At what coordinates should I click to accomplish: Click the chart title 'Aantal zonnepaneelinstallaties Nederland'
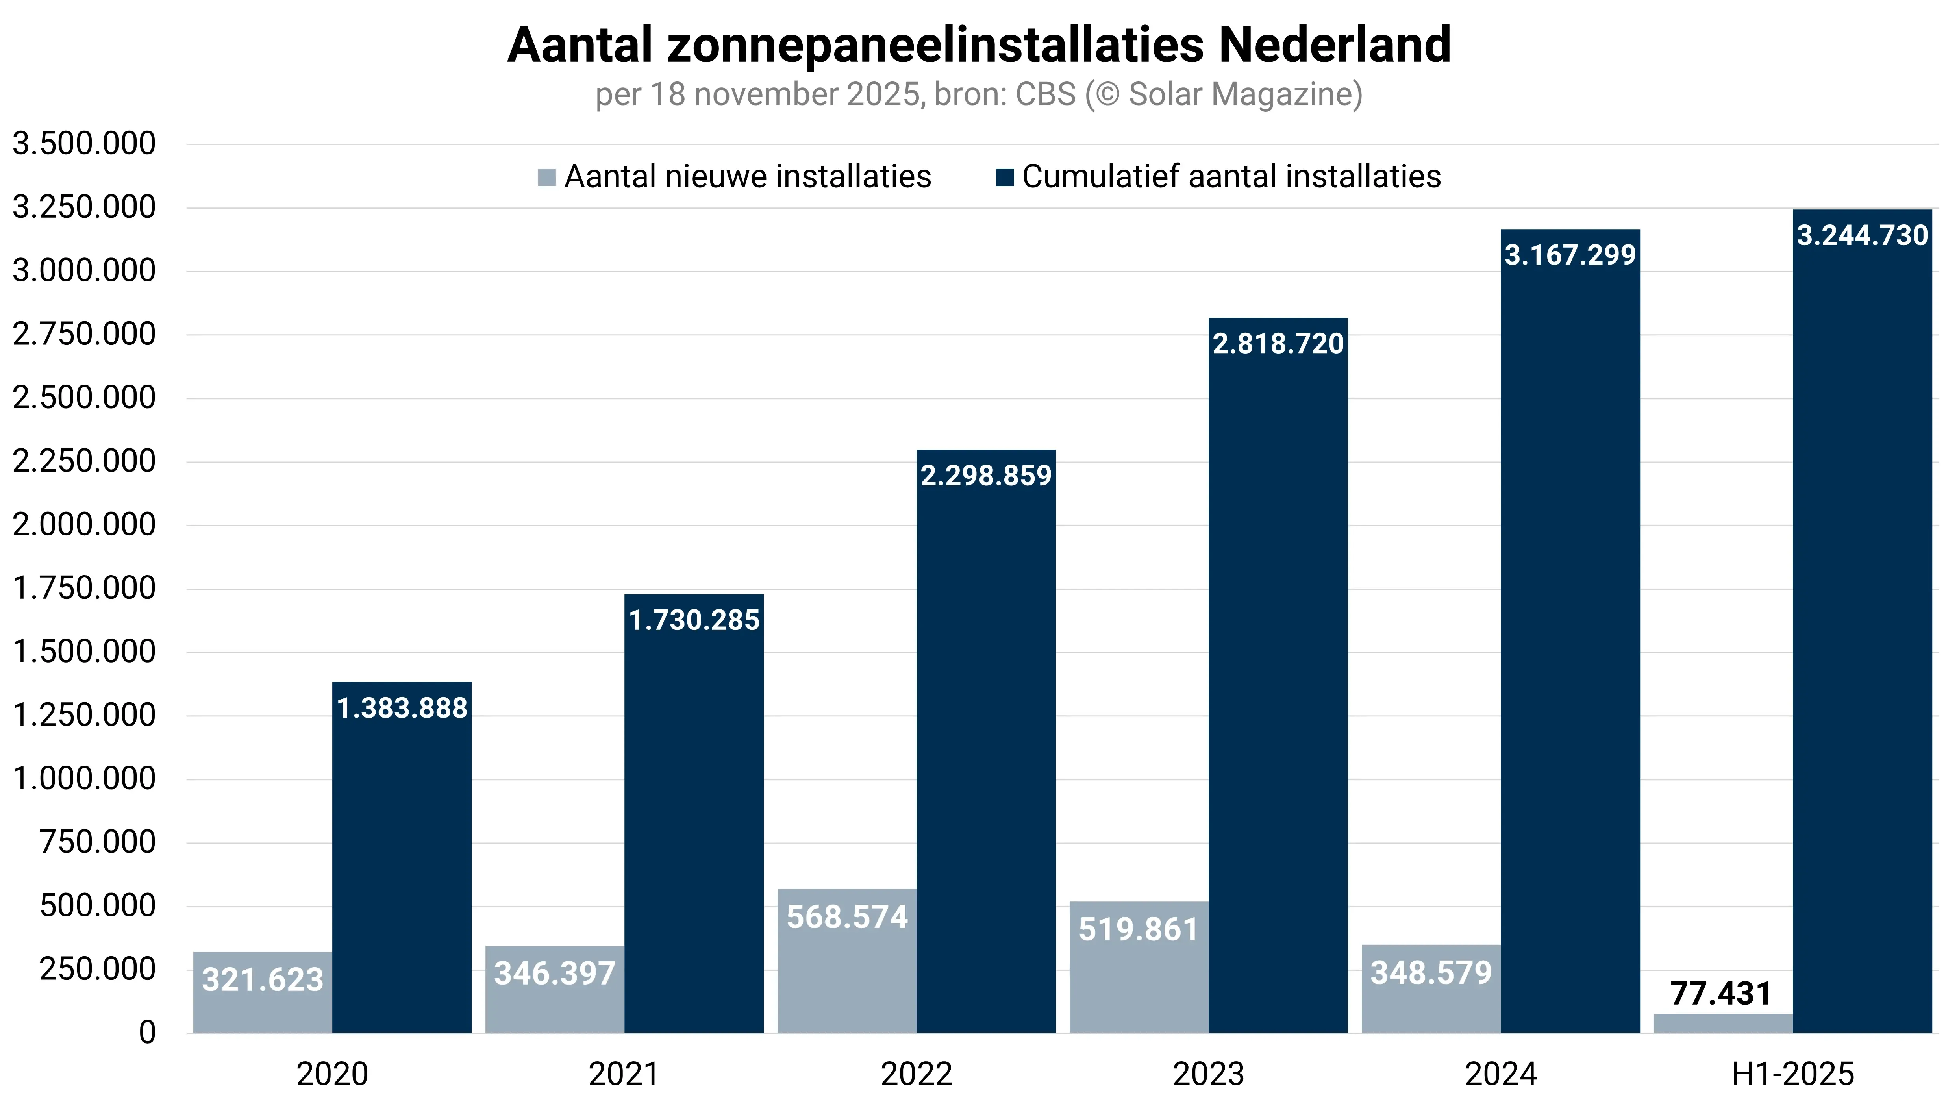tap(979, 46)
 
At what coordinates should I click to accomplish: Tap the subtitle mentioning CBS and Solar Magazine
tap(979, 95)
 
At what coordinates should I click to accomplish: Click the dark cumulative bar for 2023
tap(1278, 685)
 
